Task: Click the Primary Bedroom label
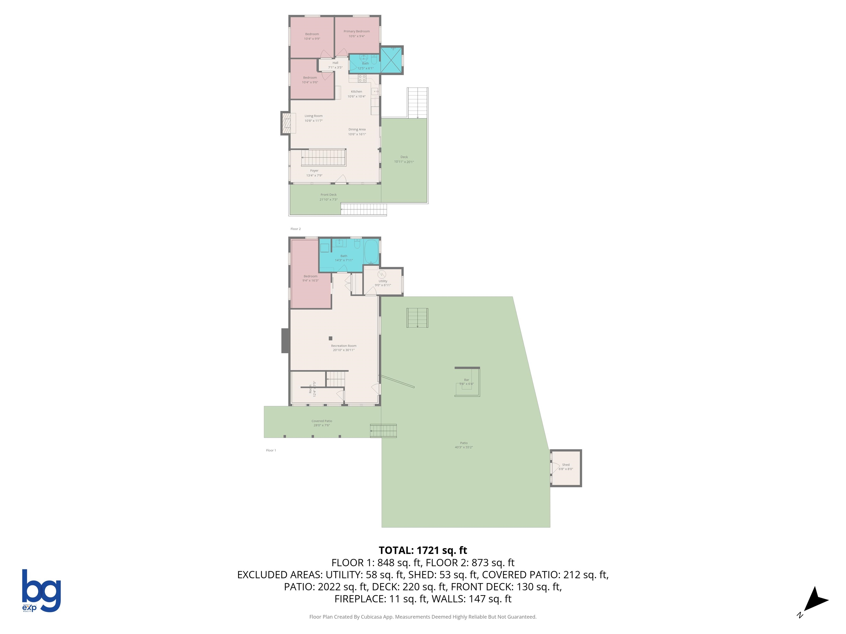tap(356, 31)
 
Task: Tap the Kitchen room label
tap(356, 92)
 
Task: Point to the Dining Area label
tap(357, 130)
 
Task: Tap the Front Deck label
tap(329, 195)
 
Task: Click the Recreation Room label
tap(343, 346)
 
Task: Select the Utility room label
tap(383, 281)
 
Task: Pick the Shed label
tap(566, 465)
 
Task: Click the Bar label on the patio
tap(467, 380)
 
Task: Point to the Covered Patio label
tap(322, 421)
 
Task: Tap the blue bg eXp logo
tap(41, 591)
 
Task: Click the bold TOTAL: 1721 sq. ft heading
tap(423, 550)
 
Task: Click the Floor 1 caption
tap(271, 450)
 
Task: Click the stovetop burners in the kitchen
tap(362, 78)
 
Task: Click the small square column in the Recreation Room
tap(330, 338)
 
